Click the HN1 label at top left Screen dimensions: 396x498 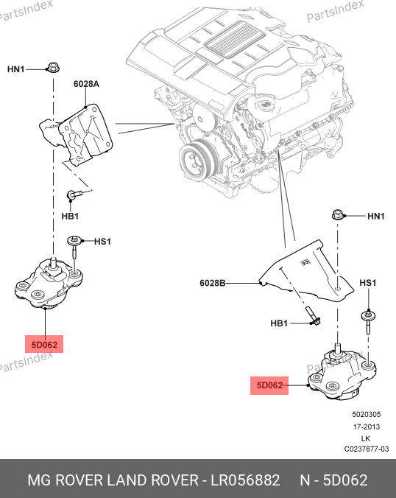pos(16,69)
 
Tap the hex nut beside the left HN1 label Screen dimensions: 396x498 pos(53,68)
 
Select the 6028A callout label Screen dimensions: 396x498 pos(86,84)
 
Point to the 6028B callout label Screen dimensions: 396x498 pos(212,283)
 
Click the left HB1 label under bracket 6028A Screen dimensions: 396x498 pos(70,217)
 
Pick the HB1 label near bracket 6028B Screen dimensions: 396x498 pos(279,323)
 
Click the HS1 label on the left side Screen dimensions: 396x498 pos(102,242)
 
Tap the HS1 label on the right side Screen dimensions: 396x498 pos(368,283)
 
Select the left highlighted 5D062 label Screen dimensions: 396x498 pos(44,345)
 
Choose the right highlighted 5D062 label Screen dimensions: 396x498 pos(269,385)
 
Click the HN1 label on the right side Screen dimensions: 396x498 pos(376,217)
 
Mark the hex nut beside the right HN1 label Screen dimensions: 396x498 pos(338,214)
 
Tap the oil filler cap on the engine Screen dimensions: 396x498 pos(265,104)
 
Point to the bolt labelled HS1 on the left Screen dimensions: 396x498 pos(75,247)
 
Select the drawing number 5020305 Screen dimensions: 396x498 pos(366,415)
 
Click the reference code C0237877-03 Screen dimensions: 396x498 pos(367,449)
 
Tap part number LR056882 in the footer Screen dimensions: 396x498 pos(246,480)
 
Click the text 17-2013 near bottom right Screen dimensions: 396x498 pos(367,427)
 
